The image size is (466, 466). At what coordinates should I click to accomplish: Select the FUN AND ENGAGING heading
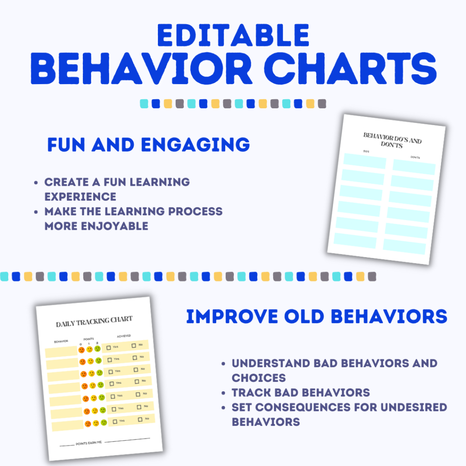click(x=148, y=144)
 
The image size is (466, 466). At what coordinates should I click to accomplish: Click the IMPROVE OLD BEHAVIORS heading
click(x=317, y=317)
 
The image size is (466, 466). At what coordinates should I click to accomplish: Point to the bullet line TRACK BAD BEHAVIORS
click(x=301, y=393)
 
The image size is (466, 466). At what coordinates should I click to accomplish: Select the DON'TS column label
click(x=415, y=157)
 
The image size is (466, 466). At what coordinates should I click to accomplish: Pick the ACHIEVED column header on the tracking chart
click(x=123, y=336)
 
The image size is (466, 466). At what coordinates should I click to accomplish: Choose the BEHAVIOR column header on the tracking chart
click(x=61, y=341)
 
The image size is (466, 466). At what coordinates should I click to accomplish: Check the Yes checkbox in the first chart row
click(x=109, y=348)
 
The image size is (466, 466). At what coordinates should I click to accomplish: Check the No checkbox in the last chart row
click(x=141, y=419)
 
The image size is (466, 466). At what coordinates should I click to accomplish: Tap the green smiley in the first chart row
click(x=98, y=349)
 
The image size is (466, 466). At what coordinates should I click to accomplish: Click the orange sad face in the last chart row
click(x=87, y=424)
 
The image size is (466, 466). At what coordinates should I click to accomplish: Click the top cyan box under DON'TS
click(x=414, y=167)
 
